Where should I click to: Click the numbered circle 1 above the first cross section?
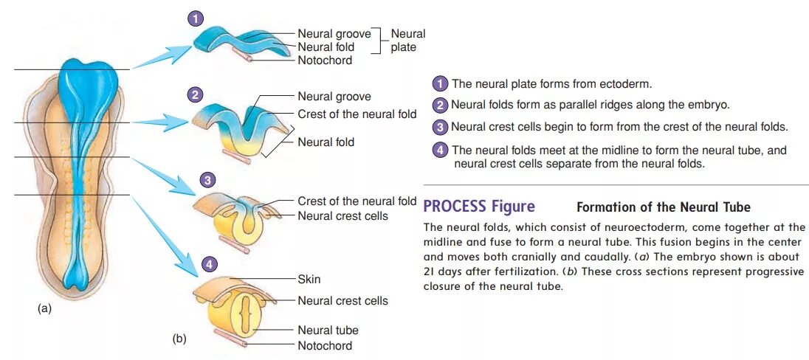(x=196, y=19)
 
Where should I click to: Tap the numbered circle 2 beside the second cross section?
(x=195, y=94)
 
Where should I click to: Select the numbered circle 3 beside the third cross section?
(x=209, y=180)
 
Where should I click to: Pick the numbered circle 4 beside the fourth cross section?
(x=210, y=264)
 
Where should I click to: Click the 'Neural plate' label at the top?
(x=407, y=41)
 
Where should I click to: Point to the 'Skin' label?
(x=309, y=280)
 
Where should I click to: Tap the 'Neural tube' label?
(x=328, y=330)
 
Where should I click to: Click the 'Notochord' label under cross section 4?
(x=325, y=345)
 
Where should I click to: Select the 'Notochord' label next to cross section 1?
(x=325, y=60)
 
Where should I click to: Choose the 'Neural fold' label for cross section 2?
(x=326, y=142)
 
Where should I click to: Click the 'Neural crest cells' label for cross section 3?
(x=342, y=215)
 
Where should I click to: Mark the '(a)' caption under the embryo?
(x=45, y=309)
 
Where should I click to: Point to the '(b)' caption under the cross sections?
(x=179, y=339)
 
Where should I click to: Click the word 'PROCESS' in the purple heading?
(x=455, y=206)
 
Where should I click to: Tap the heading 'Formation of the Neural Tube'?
(x=663, y=207)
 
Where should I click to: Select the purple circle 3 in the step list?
(x=441, y=127)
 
